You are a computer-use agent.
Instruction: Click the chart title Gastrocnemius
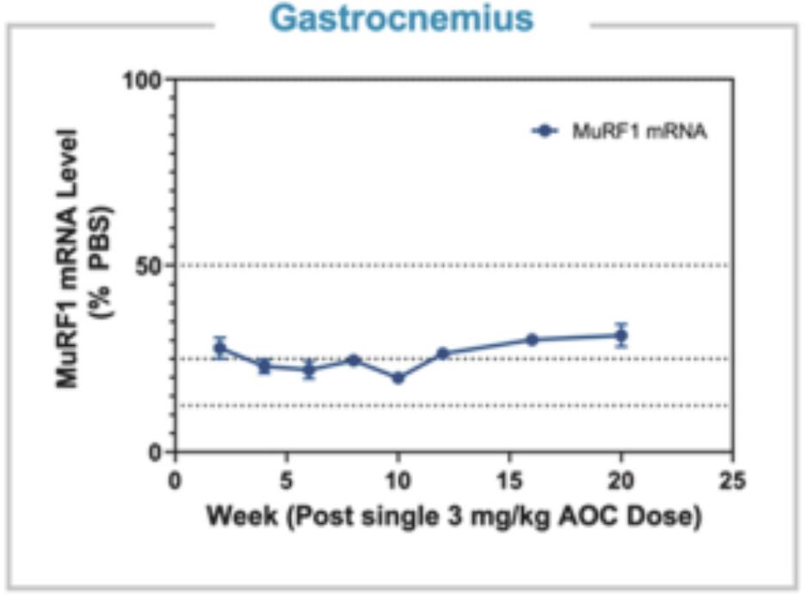[x=402, y=19]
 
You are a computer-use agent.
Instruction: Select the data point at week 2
[x=220, y=348]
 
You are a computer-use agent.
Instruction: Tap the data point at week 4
[x=265, y=366]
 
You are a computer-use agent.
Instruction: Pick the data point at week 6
[x=310, y=370]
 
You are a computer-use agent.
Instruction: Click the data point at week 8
[x=354, y=360]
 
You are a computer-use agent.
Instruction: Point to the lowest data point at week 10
[x=397, y=378]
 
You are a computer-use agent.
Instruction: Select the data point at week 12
[x=443, y=354]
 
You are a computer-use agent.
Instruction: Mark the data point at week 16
[x=532, y=340]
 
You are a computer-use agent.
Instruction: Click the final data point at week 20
[x=621, y=335]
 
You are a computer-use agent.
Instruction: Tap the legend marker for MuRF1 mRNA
[x=546, y=131]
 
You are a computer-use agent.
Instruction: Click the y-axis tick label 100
[x=145, y=80]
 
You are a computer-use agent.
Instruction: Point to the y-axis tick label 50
[x=152, y=265]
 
